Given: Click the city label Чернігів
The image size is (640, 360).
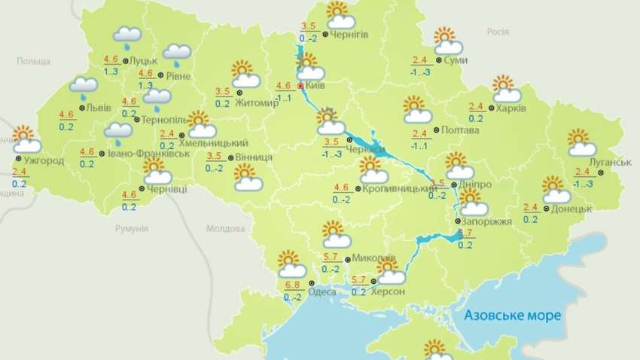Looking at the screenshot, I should coord(352,35).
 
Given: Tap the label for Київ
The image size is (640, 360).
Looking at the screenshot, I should coord(317,87).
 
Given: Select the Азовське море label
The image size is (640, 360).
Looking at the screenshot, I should coord(512,315).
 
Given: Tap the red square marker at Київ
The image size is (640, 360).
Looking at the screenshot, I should coord(300,87).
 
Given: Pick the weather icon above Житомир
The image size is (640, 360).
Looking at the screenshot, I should coord(245,75).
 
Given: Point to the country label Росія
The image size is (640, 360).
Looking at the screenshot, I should coord(498,32).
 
